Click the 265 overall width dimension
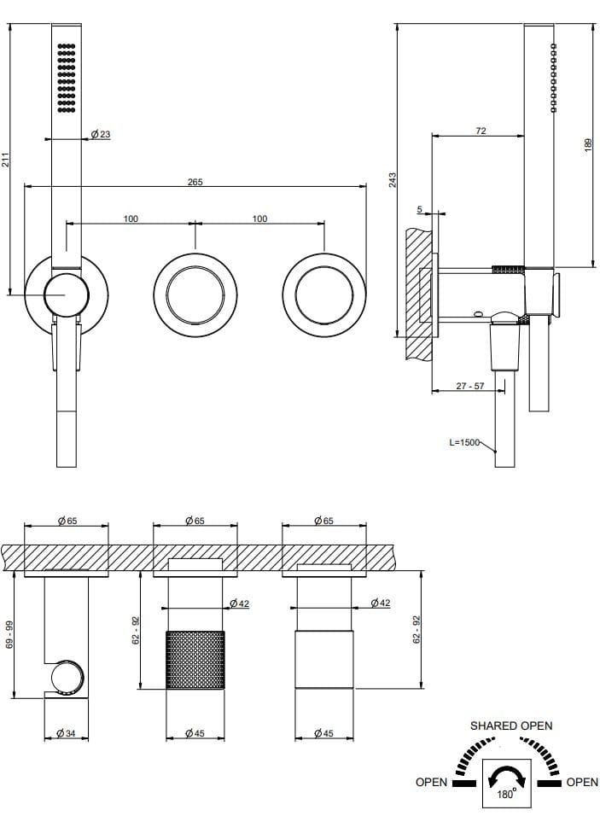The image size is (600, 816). tap(195, 182)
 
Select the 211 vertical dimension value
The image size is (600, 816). tap(7, 160)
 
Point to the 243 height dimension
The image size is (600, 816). tap(392, 180)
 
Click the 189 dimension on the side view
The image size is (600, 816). tap(589, 146)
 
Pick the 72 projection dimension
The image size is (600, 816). tap(481, 131)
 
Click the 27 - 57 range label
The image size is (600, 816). tap(470, 386)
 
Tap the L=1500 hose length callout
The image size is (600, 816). tap(464, 442)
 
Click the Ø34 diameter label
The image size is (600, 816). tap(67, 734)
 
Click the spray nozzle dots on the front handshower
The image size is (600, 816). tap(66, 77)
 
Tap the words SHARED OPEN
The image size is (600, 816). tap(511, 726)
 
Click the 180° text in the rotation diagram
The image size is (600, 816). tap(505, 794)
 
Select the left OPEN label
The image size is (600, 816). tap(431, 782)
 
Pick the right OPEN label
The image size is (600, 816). tap(582, 782)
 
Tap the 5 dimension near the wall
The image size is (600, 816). tap(420, 208)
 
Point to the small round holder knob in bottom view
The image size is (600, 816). tap(67, 679)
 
